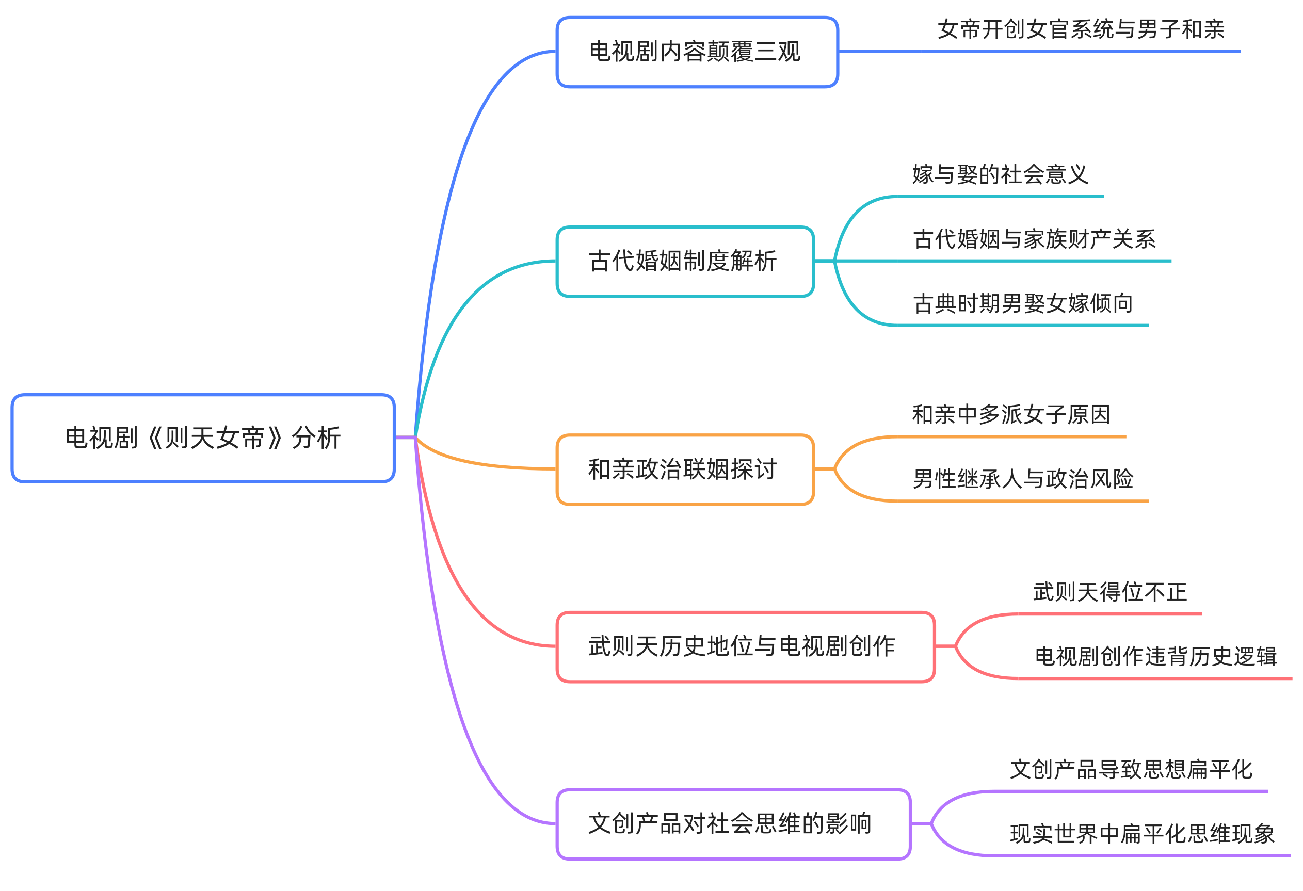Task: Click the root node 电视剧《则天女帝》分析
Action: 203,438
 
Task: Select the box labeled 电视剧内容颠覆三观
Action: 697,52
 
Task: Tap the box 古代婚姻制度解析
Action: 685,261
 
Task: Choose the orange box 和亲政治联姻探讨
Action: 685,469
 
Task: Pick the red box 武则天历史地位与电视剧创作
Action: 745,646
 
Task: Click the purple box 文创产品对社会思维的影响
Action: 733,823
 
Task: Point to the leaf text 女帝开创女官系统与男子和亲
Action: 1081,29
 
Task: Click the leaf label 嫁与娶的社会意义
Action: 1000,174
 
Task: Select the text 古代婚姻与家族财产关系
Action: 1034,239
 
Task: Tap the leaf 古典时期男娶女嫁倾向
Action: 1023,304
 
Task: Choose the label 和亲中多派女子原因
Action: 1011,415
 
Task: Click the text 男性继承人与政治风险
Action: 1023,479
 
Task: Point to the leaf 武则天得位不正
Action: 1109,592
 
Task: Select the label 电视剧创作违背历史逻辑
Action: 1155,656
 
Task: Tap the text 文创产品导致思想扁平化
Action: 1130,769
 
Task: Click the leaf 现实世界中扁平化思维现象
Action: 1142,834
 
